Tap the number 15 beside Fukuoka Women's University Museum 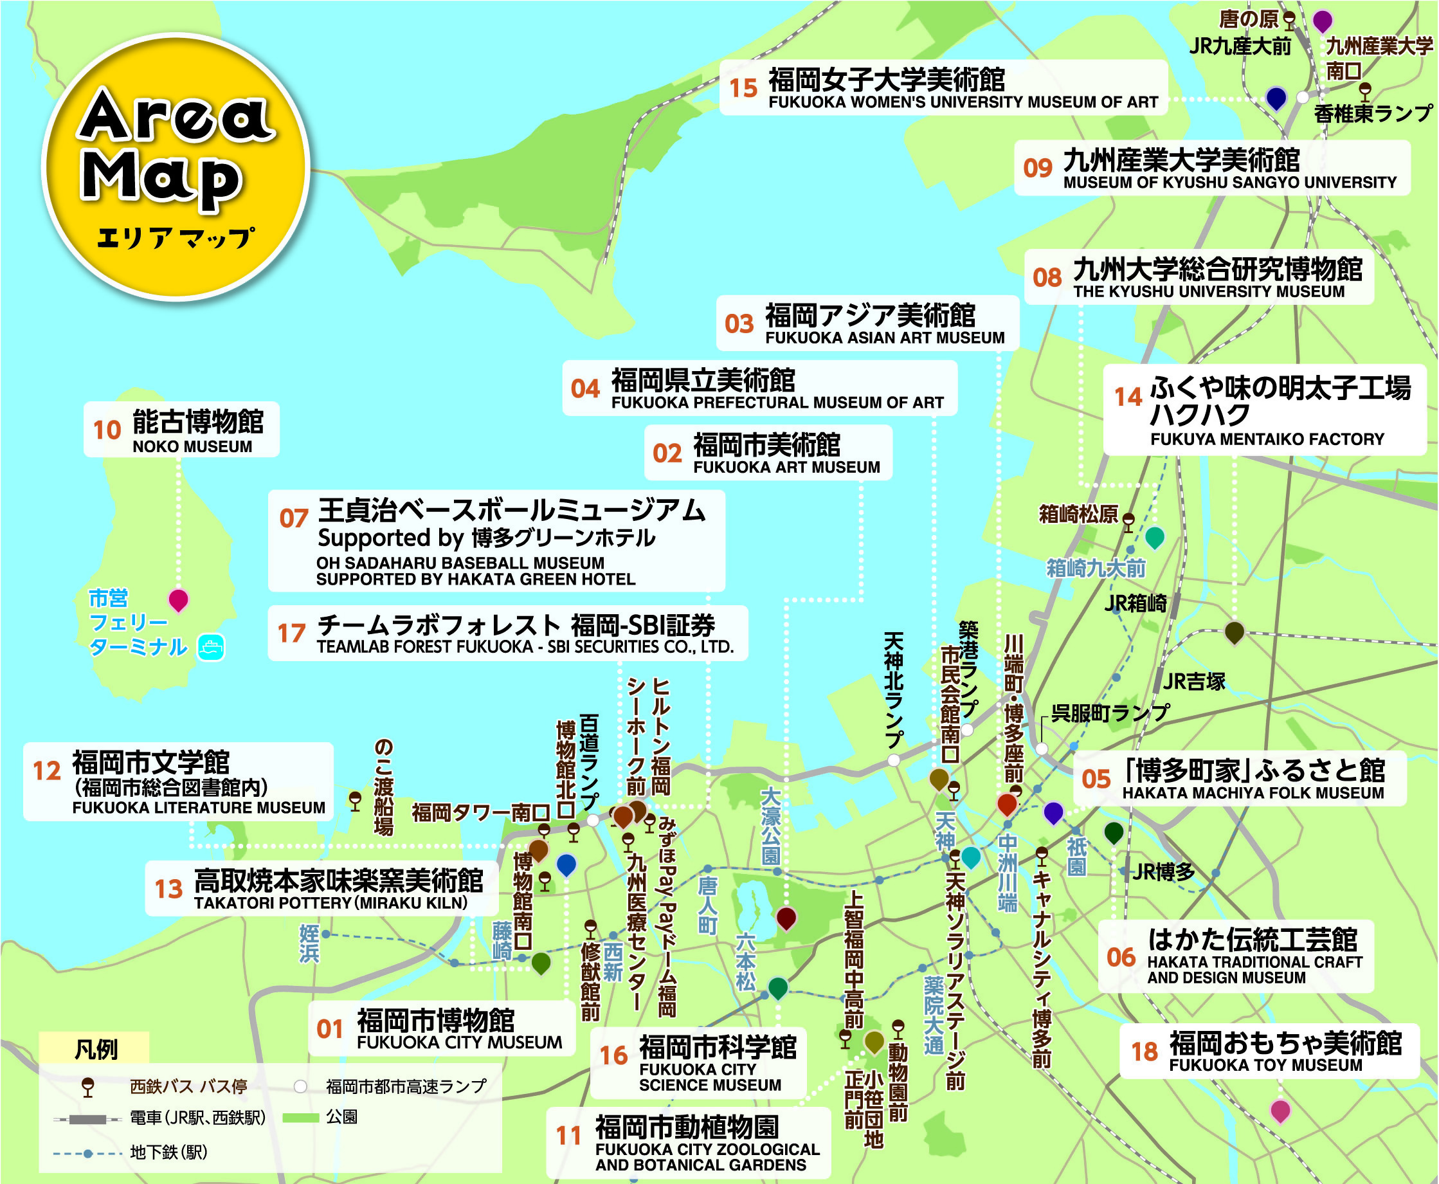[x=743, y=88]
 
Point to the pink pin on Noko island [x=178, y=599]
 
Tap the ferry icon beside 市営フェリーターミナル [x=211, y=647]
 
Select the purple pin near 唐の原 [x=1323, y=21]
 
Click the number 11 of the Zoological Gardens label [x=568, y=1136]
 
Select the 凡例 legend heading [x=95, y=1049]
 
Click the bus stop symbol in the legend [x=87, y=1086]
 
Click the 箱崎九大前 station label [x=1095, y=567]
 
